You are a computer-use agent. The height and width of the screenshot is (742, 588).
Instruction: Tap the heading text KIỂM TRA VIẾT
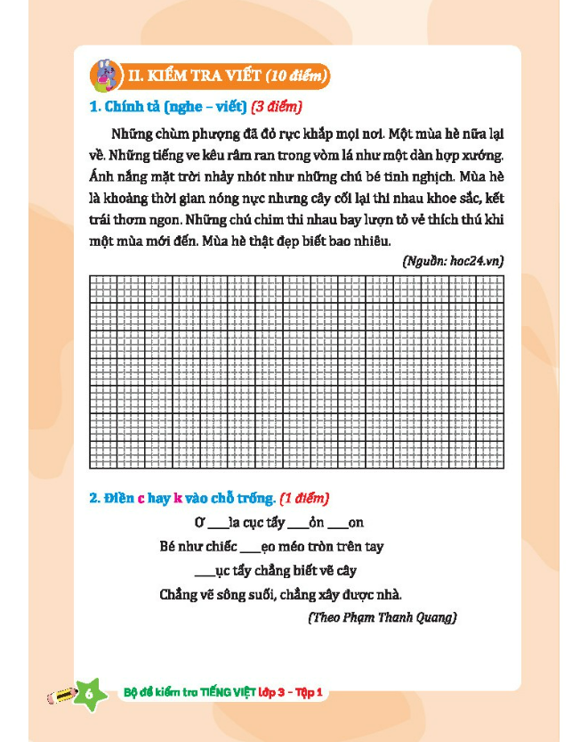point(195,75)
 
